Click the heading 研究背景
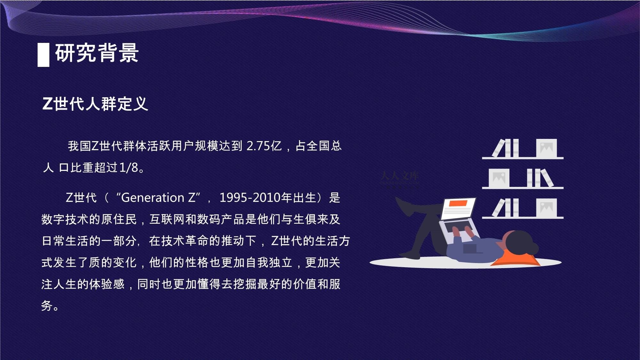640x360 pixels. pyautogui.click(x=97, y=53)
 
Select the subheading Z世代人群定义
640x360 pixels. pyautogui.click(x=95, y=104)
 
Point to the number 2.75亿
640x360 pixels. pyautogui.click(x=264, y=146)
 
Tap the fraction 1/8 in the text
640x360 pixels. pyautogui.click(x=129, y=168)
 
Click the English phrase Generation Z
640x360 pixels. pyautogui.click(x=158, y=198)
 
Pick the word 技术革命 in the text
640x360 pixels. pyautogui.click(x=179, y=241)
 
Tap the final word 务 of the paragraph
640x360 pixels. pyautogui.click(x=47, y=306)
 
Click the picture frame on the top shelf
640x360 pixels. pyautogui.click(x=546, y=148)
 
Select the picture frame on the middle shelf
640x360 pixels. pyautogui.click(x=499, y=178)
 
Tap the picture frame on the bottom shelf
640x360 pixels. pyautogui.click(x=546, y=208)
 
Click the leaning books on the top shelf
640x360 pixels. pyautogui.click(x=506, y=148)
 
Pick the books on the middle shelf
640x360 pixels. pyautogui.click(x=540, y=178)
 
